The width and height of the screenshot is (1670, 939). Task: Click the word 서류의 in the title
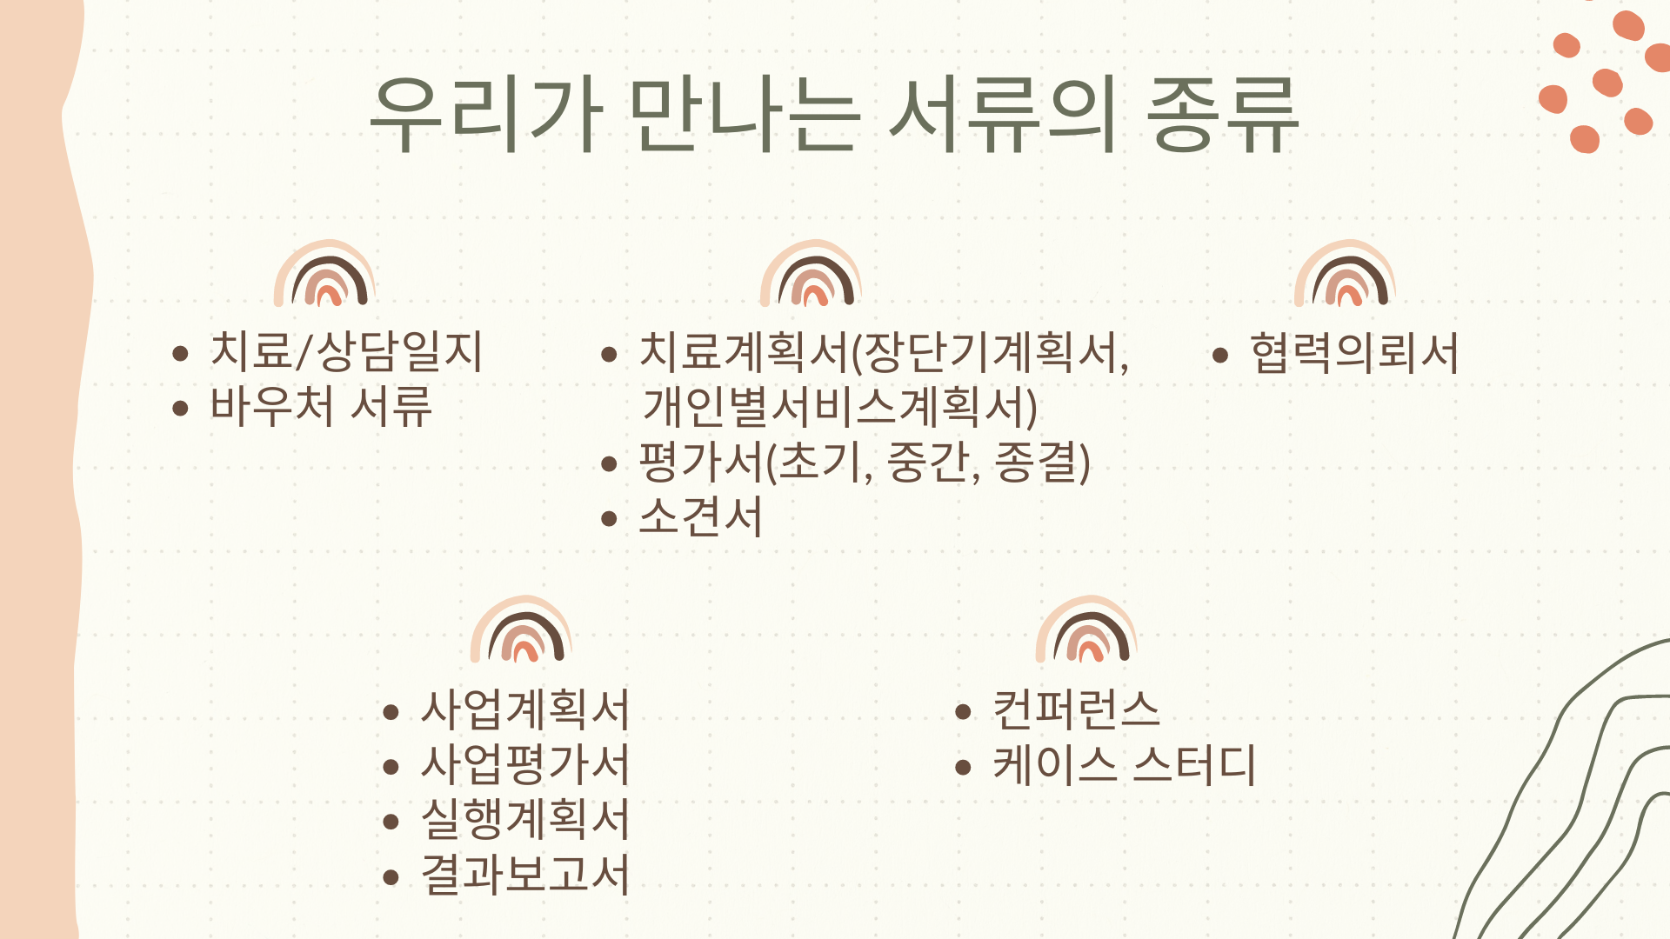tap(1002, 115)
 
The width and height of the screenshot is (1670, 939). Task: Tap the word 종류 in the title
tap(1223, 115)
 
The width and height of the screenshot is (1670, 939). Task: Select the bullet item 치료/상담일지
tap(346, 352)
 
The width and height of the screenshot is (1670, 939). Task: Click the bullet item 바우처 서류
tap(321, 406)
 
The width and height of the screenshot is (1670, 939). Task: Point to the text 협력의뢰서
tap(1354, 353)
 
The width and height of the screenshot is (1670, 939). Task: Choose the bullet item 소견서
tap(701, 516)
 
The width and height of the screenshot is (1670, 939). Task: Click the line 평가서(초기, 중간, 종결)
tap(865, 462)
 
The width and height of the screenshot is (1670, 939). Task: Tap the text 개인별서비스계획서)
tap(839, 407)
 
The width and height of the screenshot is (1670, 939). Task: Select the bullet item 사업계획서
tap(525, 709)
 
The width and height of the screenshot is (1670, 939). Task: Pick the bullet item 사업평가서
tap(525, 764)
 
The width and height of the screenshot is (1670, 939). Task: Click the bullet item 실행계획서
tap(525, 819)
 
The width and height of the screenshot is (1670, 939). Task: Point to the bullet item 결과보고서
tap(525, 874)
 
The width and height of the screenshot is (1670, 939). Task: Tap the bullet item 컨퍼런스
tap(1077, 709)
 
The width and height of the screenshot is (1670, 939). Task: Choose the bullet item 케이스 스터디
tap(1125, 765)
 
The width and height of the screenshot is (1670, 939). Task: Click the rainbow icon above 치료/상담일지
tap(325, 248)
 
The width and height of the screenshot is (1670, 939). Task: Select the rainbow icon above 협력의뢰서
tap(1346, 248)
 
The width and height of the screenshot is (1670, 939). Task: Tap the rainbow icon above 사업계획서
tap(522, 603)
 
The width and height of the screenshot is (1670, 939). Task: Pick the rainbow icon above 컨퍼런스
tap(1087, 603)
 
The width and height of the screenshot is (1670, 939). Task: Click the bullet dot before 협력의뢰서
tap(1220, 355)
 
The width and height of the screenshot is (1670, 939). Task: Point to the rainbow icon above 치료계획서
tap(812, 248)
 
